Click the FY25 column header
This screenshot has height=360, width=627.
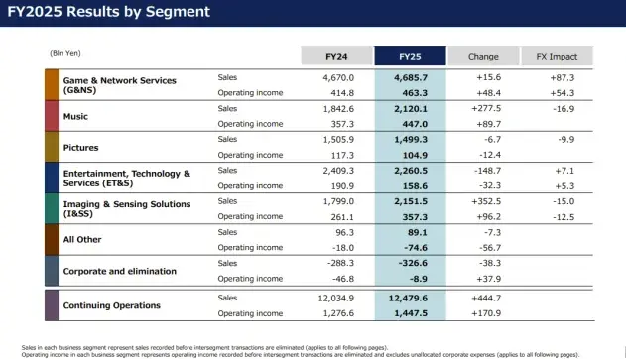click(x=410, y=56)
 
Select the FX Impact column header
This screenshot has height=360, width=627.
click(x=557, y=56)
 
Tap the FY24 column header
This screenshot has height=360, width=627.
click(x=336, y=56)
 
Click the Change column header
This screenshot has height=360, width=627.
click(x=483, y=56)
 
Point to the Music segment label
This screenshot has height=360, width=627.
click(x=75, y=116)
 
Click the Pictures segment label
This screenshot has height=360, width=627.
click(x=80, y=148)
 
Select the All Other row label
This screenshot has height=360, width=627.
click(x=82, y=239)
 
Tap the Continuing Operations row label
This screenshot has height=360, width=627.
click(x=112, y=305)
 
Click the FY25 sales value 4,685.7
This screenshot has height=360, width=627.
click(x=411, y=77)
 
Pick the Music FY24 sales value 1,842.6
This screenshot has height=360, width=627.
click(x=338, y=109)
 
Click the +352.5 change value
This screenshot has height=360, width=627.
click(x=486, y=201)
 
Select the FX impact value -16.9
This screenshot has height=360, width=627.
click(x=564, y=109)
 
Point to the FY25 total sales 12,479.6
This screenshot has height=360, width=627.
click(x=408, y=298)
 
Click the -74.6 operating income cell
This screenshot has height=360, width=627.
click(x=416, y=248)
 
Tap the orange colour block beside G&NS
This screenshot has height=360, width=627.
click(x=52, y=84)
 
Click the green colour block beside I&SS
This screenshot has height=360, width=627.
click(x=52, y=208)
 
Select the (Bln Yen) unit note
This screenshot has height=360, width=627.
click(x=65, y=53)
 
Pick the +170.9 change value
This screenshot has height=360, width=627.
click(x=486, y=313)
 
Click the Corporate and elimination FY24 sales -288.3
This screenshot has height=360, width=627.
click(x=340, y=263)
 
